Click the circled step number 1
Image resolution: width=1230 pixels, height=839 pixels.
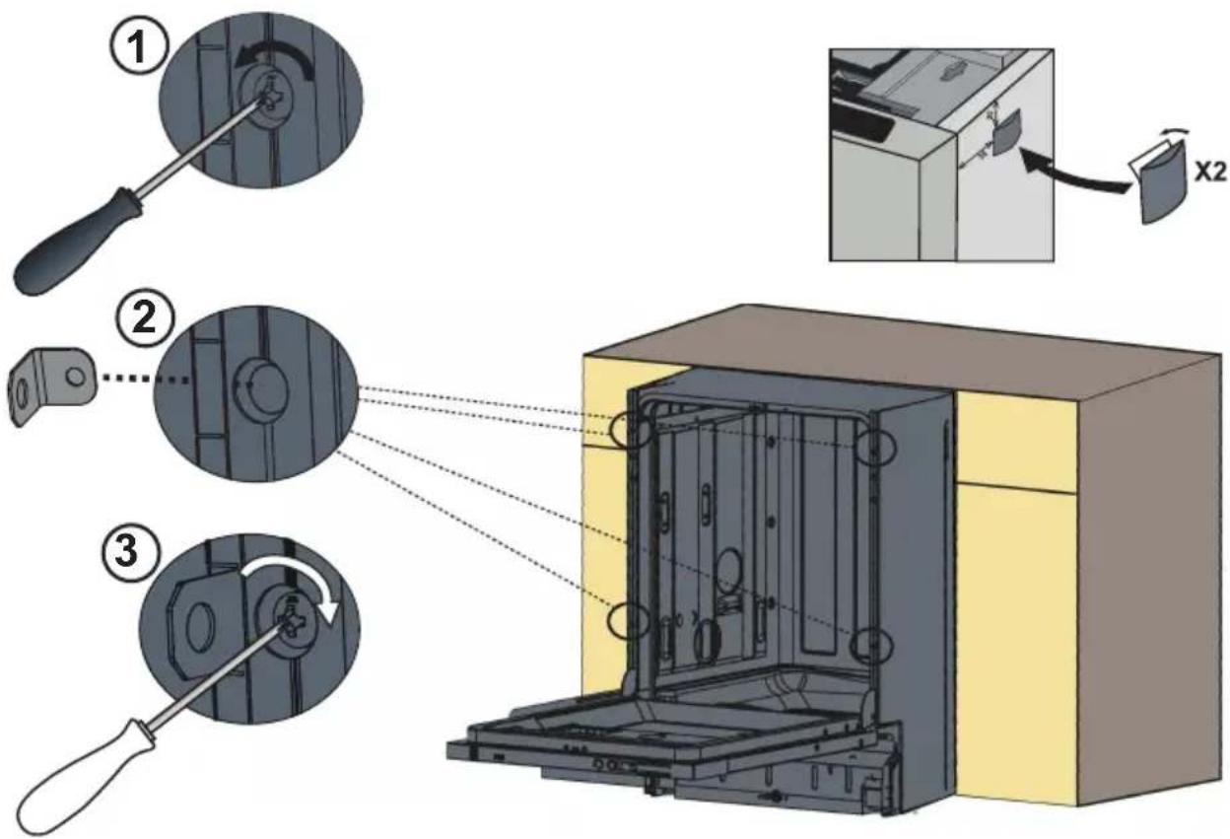(137, 48)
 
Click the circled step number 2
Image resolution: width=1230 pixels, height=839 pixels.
(146, 319)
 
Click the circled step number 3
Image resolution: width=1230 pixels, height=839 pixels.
(128, 550)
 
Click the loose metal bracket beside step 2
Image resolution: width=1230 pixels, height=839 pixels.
(49, 385)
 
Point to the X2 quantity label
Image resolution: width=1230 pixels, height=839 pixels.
(1210, 174)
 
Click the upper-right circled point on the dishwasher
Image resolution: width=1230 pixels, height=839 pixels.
(876, 447)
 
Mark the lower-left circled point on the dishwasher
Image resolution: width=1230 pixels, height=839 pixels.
(628, 621)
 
